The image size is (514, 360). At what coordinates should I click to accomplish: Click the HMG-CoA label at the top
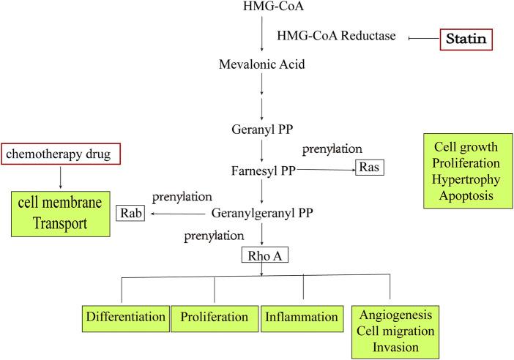click(261, 7)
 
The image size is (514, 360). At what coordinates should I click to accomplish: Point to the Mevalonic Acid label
click(261, 64)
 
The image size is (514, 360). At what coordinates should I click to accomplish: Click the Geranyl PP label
click(261, 131)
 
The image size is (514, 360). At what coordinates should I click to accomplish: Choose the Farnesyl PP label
click(261, 169)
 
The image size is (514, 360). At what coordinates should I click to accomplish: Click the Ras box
click(370, 168)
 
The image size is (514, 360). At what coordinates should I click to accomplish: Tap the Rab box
click(131, 214)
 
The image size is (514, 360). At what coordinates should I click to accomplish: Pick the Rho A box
click(262, 257)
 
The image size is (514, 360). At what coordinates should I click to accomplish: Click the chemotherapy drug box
click(60, 154)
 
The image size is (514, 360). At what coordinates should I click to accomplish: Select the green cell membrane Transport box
click(60, 214)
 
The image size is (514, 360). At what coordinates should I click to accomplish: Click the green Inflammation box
click(302, 318)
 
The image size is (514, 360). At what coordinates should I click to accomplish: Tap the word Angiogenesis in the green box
click(395, 315)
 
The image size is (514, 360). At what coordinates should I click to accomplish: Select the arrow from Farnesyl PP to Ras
click(327, 168)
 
